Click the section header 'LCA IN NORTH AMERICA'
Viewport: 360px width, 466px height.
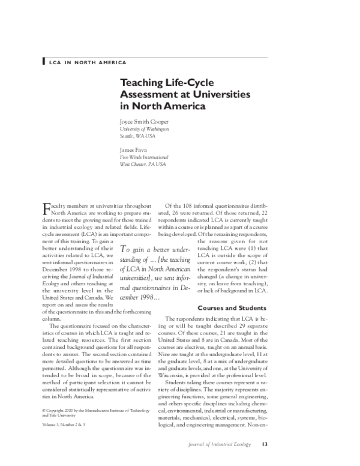(x=87, y=62)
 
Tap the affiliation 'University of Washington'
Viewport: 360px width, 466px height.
(x=145, y=129)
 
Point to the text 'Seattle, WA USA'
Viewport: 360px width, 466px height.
(x=139, y=136)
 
